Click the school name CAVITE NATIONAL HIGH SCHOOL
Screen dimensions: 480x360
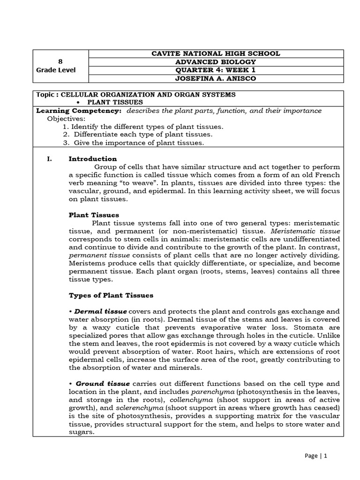pyautogui.click(x=216, y=54)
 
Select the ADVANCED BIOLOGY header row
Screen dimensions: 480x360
pyautogui.click(x=216, y=62)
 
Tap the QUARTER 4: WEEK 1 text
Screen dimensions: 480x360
pyautogui.click(x=216, y=70)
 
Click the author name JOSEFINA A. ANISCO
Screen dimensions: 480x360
pyautogui.click(x=216, y=79)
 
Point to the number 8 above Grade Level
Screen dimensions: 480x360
pyautogui.click(x=60, y=62)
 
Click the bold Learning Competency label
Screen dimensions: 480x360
pyautogui.click(x=79, y=111)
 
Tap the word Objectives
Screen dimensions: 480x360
pyautogui.click(x=66, y=119)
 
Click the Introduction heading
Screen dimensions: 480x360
pyautogui.click(x=93, y=159)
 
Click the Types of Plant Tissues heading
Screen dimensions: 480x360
pyautogui.click(x=111, y=296)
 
